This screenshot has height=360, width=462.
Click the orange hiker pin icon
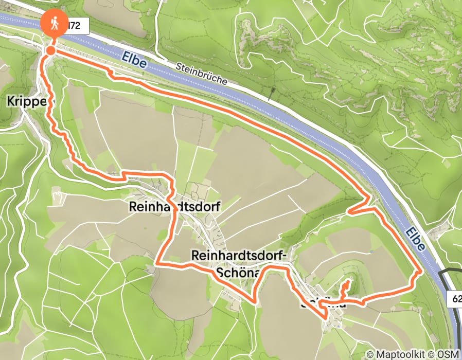coord(54,24)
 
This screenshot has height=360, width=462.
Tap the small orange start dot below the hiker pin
coord(51,50)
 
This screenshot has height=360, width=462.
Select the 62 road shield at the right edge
coord(457,298)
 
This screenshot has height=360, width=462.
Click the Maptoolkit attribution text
coord(396,354)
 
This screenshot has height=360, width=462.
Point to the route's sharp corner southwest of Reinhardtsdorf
coord(156,264)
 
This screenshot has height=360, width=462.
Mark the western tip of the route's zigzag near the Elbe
coord(348,211)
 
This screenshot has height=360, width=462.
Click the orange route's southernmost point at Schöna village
coord(325,318)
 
